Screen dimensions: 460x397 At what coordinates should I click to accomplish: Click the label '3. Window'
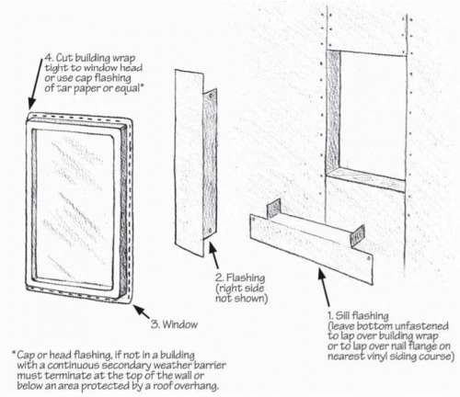(174, 324)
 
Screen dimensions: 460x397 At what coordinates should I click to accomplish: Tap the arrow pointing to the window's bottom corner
(142, 312)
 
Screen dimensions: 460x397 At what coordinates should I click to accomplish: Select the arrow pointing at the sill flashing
(324, 287)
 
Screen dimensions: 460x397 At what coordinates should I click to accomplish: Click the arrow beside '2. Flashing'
(213, 255)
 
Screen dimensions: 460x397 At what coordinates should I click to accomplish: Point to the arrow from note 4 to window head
(36, 84)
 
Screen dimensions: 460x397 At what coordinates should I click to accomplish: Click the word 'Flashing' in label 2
(246, 278)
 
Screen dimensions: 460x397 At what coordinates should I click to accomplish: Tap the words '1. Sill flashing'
(358, 315)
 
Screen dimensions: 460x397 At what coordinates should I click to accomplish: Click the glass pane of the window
(74, 204)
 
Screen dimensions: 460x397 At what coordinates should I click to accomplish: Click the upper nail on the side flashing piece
(211, 96)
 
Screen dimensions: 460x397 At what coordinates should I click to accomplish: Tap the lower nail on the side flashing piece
(210, 231)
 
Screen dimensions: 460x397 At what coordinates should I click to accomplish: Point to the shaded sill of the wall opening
(366, 179)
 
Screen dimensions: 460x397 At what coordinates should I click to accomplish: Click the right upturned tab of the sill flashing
(358, 236)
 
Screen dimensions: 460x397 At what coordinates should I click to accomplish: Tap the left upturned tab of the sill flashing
(274, 210)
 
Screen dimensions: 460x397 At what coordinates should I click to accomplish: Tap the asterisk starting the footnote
(14, 353)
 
